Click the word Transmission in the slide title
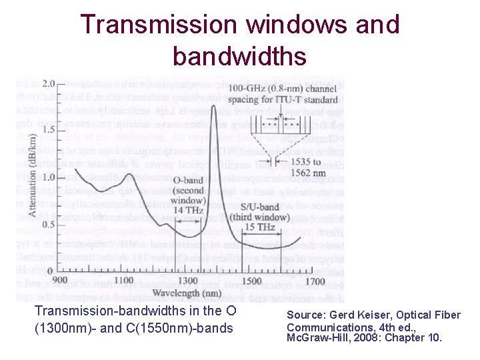pyautogui.click(x=158, y=25)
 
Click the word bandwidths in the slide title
pyautogui.click(x=239, y=56)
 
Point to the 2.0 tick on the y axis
pyautogui.click(x=49, y=84)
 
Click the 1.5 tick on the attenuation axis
pyautogui.click(x=49, y=131)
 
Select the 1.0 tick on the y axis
pyautogui.click(x=49, y=177)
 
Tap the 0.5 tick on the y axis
pyautogui.click(x=49, y=224)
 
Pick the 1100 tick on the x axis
pyautogui.click(x=123, y=281)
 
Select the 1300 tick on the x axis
pyautogui.click(x=187, y=281)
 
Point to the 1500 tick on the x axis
pyautogui.click(x=251, y=281)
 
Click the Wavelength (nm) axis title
pyautogui.click(x=187, y=292)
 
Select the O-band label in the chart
pyautogui.click(x=188, y=179)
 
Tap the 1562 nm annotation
pyautogui.click(x=291, y=173)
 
